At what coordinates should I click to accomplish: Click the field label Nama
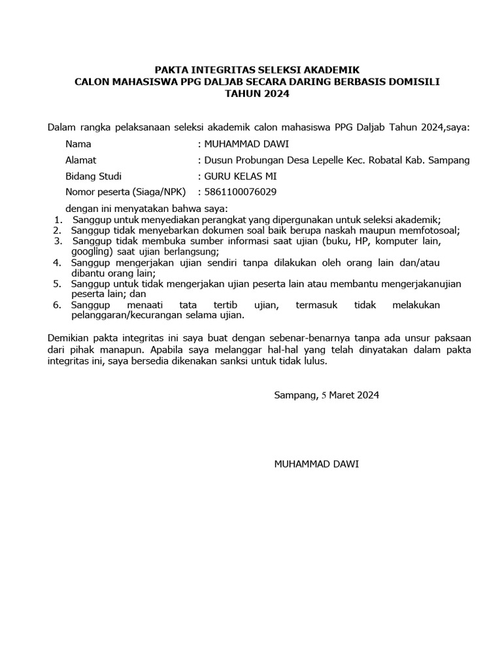click(x=78, y=144)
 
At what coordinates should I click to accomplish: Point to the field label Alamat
click(x=81, y=160)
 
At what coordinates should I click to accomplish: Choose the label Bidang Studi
click(x=93, y=176)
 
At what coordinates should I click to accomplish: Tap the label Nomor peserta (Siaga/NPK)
click(x=125, y=192)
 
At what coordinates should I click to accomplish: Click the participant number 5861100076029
click(x=241, y=192)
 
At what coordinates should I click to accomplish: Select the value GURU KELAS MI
click(x=237, y=176)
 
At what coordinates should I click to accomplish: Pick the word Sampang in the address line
click(x=452, y=160)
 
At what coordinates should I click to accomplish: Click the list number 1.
click(x=57, y=219)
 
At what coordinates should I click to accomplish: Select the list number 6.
click(x=57, y=305)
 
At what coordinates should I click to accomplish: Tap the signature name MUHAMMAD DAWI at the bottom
click(x=316, y=464)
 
